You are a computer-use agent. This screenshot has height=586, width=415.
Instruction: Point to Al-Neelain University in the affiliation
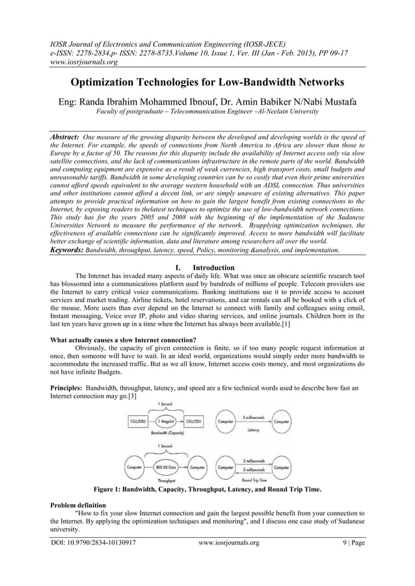click(284, 112)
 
